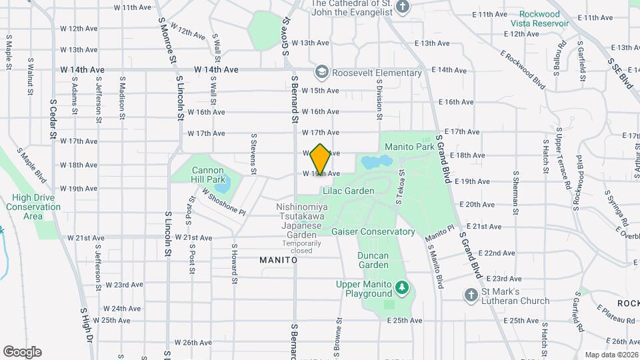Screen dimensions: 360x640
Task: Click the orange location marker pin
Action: point(321,159)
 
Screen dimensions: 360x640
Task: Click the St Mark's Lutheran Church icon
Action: point(471,295)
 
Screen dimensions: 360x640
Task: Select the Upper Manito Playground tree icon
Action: point(401,288)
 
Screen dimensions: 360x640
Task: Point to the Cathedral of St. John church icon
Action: point(402,7)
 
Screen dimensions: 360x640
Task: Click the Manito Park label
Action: point(409,145)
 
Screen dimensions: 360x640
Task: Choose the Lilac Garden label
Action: point(348,191)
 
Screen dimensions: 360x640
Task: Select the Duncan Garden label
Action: point(372,259)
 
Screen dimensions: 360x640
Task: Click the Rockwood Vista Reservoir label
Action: point(540,19)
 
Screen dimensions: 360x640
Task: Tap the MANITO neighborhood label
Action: point(278,260)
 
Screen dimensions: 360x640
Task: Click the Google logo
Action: point(22,351)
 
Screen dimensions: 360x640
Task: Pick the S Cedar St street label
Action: point(53,120)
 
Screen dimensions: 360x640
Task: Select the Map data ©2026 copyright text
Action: point(611,355)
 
